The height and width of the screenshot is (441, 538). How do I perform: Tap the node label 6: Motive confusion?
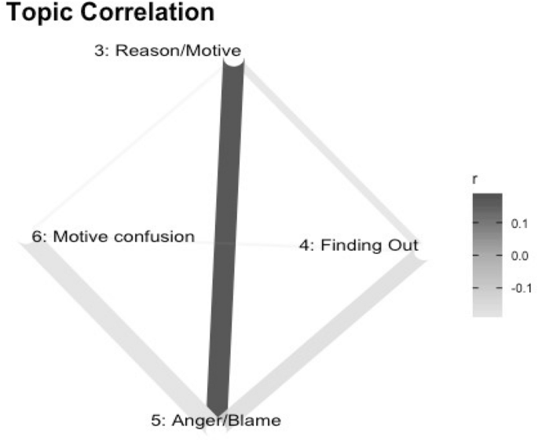click(113, 236)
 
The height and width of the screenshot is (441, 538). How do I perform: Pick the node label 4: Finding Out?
click(353, 244)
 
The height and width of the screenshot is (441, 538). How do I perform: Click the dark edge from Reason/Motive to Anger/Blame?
click(224, 236)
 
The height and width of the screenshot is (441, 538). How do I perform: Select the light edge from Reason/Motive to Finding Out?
click(330, 149)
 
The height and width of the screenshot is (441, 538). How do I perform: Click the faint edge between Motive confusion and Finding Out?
click(251, 243)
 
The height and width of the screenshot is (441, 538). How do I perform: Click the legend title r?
click(474, 181)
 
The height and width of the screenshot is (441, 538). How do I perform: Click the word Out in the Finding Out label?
click(395, 244)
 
